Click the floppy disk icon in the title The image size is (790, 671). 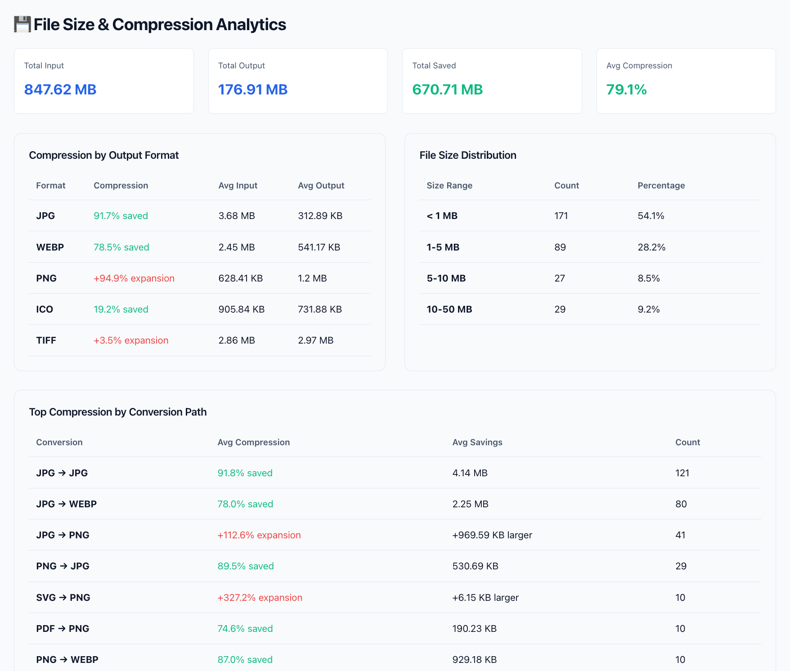pos(22,24)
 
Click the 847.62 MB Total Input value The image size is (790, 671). pos(60,89)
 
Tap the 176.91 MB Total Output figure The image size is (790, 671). pos(252,89)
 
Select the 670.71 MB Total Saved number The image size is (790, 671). pos(447,89)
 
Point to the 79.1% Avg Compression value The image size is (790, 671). pos(626,89)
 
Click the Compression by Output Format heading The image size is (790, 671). pos(104,155)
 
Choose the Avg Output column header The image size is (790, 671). pos(321,185)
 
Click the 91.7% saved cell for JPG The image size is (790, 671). pos(121,216)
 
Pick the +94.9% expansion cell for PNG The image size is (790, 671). pos(134,278)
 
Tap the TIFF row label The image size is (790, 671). pos(46,340)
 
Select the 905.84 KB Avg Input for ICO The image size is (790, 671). pos(241,309)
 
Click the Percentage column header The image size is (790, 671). pos(661,185)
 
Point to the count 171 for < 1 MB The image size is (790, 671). pos(561,216)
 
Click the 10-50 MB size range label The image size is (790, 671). pos(449,309)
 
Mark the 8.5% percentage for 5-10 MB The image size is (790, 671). pos(648,278)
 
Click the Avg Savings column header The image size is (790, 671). pos(477,442)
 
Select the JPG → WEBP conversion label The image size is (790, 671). pos(66,504)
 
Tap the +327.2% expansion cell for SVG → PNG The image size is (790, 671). pos(260,598)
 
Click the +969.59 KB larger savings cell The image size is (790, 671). pos(492,535)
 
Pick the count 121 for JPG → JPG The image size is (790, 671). pos(682,473)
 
